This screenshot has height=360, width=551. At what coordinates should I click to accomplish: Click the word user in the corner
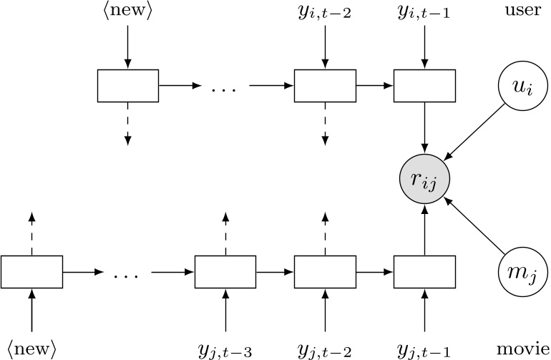[520, 14]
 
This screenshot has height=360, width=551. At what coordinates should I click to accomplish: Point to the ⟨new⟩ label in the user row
[127, 14]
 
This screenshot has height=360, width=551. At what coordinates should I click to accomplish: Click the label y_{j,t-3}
[225, 349]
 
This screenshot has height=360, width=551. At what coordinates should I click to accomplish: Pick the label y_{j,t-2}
[325, 349]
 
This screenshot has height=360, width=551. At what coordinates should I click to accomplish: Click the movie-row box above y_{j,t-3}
[225, 271]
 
